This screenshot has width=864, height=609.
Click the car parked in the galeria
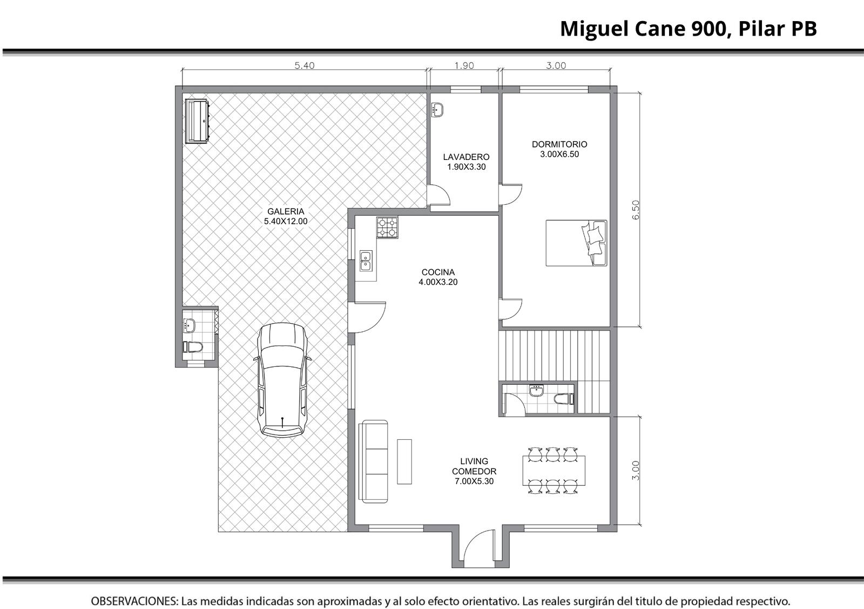(282, 380)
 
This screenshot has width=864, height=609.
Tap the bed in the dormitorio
(576, 243)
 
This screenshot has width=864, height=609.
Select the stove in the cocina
(387, 227)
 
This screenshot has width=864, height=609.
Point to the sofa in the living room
(373, 461)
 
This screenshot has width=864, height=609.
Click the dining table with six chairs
(554, 471)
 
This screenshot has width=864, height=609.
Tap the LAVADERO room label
(466, 157)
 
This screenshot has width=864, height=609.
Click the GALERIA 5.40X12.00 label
(286, 217)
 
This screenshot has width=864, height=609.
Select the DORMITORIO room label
(559, 144)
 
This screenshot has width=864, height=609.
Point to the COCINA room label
(438, 272)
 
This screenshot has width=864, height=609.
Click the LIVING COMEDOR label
(474, 466)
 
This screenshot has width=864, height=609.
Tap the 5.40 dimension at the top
(305, 65)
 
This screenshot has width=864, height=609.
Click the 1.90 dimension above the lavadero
(464, 65)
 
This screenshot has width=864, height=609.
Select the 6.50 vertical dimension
(636, 210)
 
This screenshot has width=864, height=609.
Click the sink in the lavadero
(437, 110)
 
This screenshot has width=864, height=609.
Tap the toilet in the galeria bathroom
(192, 347)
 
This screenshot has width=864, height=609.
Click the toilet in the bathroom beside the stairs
(564, 399)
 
